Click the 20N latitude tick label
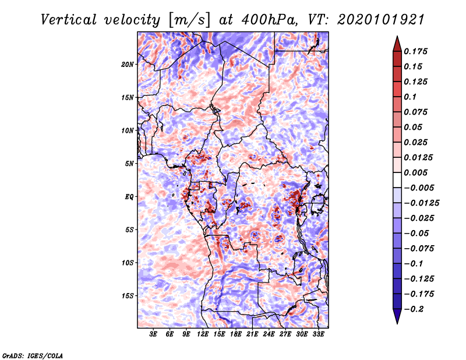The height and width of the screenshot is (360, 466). tap(128, 65)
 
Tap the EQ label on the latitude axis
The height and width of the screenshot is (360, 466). tap(129, 197)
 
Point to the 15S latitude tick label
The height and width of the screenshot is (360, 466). tap(128, 296)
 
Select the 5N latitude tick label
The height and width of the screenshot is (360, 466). tap(129, 164)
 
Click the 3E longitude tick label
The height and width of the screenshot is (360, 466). tap(153, 334)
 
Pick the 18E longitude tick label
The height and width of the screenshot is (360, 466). tap(236, 334)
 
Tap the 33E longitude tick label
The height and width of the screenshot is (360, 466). tap(318, 334)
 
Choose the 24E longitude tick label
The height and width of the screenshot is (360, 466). tap(269, 334)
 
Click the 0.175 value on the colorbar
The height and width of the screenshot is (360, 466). tap(415, 51)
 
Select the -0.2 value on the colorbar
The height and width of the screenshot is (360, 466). tap(414, 309)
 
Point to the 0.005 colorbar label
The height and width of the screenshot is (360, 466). tap(415, 172)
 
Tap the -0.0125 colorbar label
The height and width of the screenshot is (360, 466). tap(421, 203)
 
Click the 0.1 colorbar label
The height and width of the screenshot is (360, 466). tap(410, 97)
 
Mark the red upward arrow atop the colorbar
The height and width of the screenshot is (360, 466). tap(397, 44)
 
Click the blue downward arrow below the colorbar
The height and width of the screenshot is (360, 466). tap(397, 316)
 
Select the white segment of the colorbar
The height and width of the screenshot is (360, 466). tap(397, 180)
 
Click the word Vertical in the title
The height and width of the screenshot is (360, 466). tap(69, 20)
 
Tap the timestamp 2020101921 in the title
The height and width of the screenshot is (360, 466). tap(381, 20)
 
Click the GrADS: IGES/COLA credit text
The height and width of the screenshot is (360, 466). tap(33, 356)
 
